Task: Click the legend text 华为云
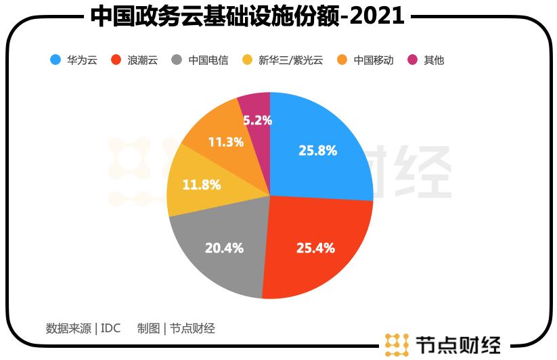click(x=82, y=60)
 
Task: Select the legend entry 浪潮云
click(x=142, y=60)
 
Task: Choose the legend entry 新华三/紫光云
click(x=291, y=60)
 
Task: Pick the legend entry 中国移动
click(x=374, y=60)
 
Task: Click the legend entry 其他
click(x=434, y=60)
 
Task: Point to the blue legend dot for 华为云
click(x=55, y=60)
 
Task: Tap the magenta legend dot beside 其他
click(x=412, y=60)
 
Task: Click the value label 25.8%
click(x=317, y=151)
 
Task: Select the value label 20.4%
click(x=224, y=248)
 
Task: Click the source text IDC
click(x=110, y=328)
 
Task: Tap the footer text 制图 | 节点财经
click(x=176, y=328)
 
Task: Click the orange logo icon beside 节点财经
click(x=397, y=344)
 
